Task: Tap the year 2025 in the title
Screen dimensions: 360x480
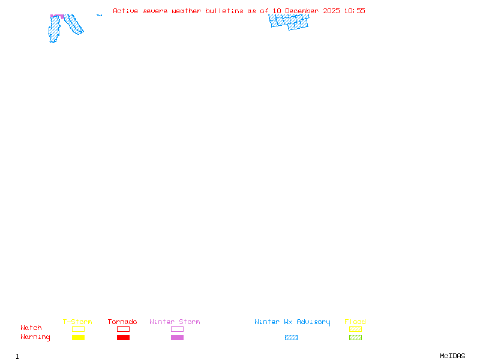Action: click(x=332, y=11)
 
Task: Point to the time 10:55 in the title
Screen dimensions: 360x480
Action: click(x=355, y=11)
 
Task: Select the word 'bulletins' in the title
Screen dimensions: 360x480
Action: click(x=224, y=11)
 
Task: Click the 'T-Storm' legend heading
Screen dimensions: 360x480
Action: click(x=77, y=322)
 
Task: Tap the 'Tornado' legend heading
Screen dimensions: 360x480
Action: click(x=122, y=322)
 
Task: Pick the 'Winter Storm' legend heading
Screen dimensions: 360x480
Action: click(x=175, y=322)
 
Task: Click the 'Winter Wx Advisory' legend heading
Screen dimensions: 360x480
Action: click(x=292, y=322)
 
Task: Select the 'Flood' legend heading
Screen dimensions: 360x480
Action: click(x=355, y=322)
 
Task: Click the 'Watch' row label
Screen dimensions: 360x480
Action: click(x=31, y=328)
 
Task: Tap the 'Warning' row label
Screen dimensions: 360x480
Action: click(x=35, y=337)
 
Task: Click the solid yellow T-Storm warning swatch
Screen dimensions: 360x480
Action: click(x=78, y=337)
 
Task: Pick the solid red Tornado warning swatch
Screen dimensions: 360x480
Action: click(x=123, y=337)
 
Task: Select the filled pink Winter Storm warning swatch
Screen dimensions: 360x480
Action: click(x=177, y=337)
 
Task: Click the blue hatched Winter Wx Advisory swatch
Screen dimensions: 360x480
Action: click(x=291, y=337)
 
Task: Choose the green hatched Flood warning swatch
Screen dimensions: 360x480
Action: click(x=355, y=337)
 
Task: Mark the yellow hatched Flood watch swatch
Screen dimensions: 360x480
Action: click(x=355, y=329)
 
